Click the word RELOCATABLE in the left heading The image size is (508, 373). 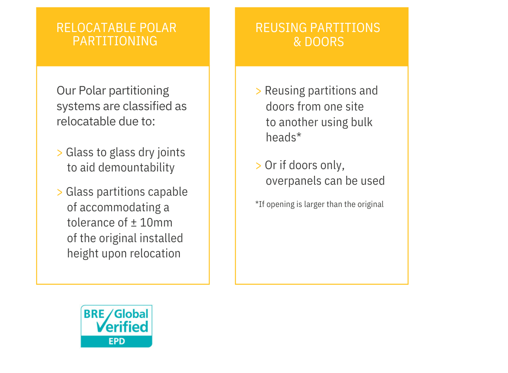tap(96, 28)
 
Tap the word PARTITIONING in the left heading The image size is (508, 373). tap(115, 41)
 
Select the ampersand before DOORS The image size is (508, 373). tap(297, 42)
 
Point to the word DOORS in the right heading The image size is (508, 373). tap(324, 42)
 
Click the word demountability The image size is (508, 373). tap(137, 168)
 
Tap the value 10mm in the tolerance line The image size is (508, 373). tap(156, 223)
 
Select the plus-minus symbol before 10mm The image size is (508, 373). tap(134, 223)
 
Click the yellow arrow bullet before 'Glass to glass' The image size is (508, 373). tap(60, 153)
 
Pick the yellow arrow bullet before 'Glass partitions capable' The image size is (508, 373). tap(60, 193)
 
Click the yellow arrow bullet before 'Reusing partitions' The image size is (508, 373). tap(259, 91)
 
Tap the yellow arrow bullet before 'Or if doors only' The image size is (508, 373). tap(259, 166)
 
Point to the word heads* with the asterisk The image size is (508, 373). tap(284, 137)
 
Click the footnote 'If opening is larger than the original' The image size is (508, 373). tap(319, 204)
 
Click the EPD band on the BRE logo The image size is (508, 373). tap(117, 341)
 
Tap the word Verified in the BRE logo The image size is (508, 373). tap(122, 327)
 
